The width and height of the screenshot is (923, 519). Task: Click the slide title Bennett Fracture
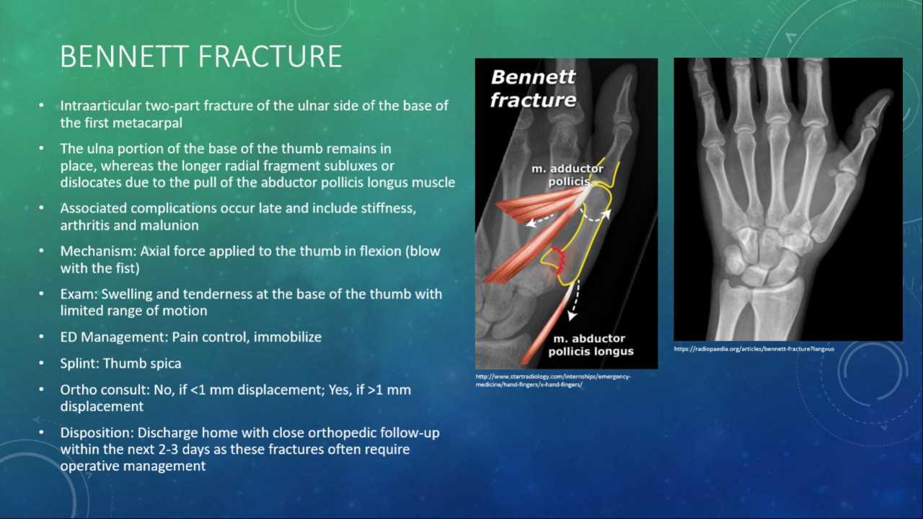coord(200,56)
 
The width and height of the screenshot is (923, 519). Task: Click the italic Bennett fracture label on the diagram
coord(533,88)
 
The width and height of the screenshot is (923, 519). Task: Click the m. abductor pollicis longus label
coord(591,345)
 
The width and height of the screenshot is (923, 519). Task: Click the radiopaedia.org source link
coord(754,349)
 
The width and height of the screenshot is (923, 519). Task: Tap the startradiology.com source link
coord(552,380)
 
